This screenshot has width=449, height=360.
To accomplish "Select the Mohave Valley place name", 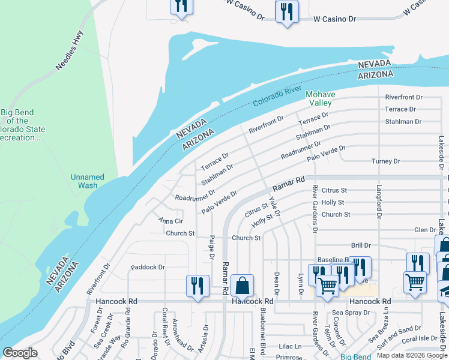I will pyautogui.click(x=321, y=98).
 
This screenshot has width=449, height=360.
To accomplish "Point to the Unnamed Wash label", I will pyautogui.click(x=88, y=181).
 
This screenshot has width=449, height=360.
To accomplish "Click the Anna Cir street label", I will pyautogui.click(x=170, y=221).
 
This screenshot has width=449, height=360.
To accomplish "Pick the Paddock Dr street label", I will pyautogui.click(x=147, y=267).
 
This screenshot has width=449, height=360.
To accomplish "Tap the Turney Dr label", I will pyautogui.click(x=385, y=161).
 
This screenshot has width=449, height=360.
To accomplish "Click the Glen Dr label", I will pyautogui.click(x=425, y=230).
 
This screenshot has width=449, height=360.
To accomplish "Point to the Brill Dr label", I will pyautogui.click(x=361, y=245).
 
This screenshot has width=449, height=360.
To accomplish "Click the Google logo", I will pyautogui.click(x=20, y=353).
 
